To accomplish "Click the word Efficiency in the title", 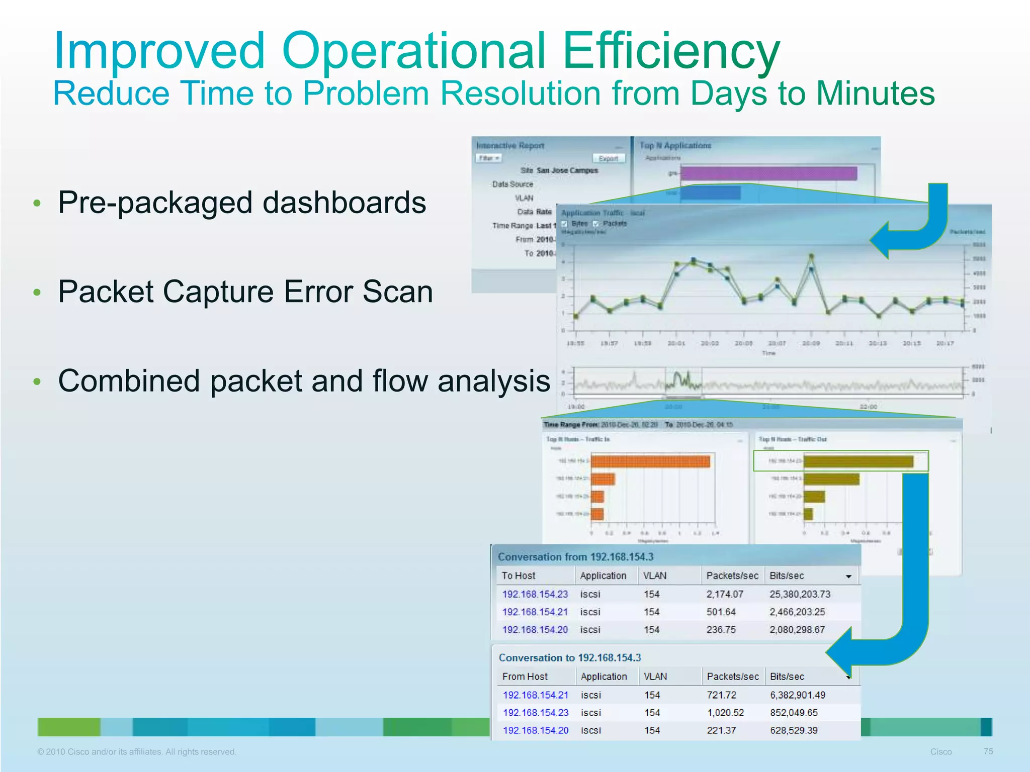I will (671, 51).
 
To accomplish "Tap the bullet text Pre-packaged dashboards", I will (242, 203).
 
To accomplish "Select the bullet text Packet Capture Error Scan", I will (245, 292).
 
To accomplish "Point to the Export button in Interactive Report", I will (608, 158).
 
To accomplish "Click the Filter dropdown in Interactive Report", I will (488, 158).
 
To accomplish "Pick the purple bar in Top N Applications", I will (768, 173).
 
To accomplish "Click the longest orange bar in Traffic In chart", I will (650, 461).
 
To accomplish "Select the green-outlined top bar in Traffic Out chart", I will (859, 461).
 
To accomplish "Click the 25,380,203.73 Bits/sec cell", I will (800, 594).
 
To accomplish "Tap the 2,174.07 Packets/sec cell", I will (724, 594).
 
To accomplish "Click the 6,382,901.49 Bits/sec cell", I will (797, 695).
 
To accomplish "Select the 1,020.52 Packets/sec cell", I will (725, 713).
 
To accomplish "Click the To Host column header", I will (519, 575).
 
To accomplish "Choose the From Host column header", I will (525, 677).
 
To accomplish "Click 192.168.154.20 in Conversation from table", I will (535, 630).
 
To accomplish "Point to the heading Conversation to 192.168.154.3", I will (569, 658).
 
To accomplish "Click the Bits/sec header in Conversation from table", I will (787, 575).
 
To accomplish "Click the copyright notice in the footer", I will (136, 752).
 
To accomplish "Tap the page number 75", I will (988, 751).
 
